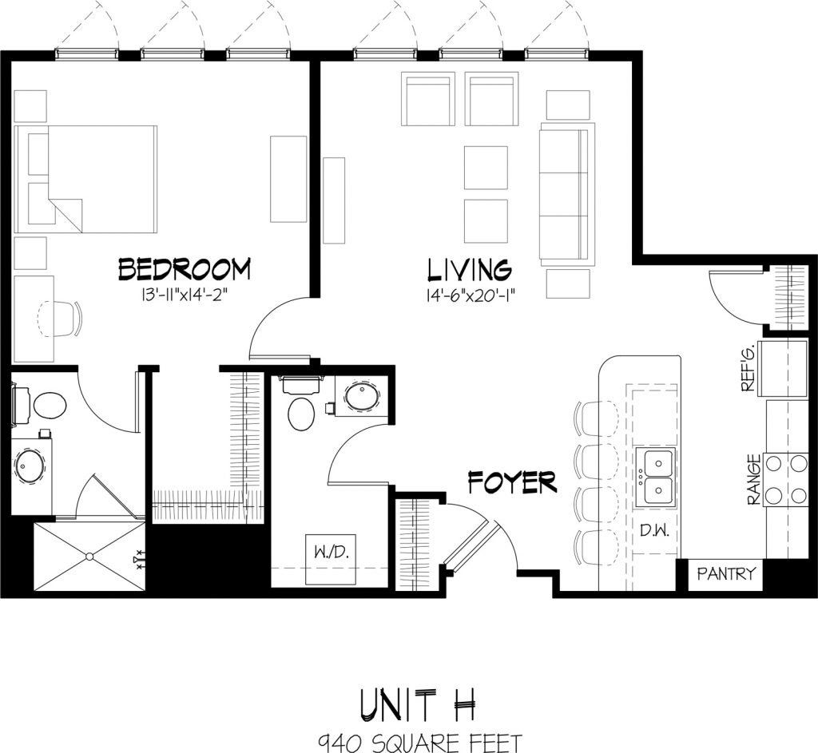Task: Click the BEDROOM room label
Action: tap(184, 269)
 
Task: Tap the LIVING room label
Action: tap(468, 269)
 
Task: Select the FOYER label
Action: tap(511, 483)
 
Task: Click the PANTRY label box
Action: tap(725, 574)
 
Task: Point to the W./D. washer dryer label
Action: tap(331, 552)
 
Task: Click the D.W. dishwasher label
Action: tap(655, 530)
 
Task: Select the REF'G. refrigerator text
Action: tap(749, 372)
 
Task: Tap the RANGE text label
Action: tap(752, 480)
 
